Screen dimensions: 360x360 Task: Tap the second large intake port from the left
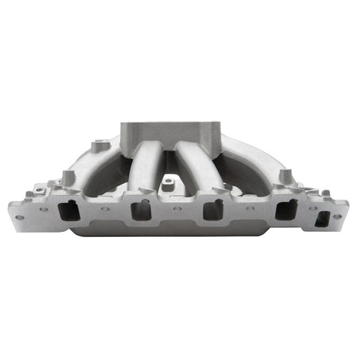point(140,211)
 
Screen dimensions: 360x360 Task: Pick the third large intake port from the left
point(214,211)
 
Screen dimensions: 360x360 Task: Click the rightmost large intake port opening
point(285,211)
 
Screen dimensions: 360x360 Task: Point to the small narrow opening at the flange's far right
point(323,220)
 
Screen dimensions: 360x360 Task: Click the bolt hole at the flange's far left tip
point(20,217)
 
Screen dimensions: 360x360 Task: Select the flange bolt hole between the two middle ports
point(177,208)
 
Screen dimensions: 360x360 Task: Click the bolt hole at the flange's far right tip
point(337,217)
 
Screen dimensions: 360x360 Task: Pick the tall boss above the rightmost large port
point(286,178)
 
